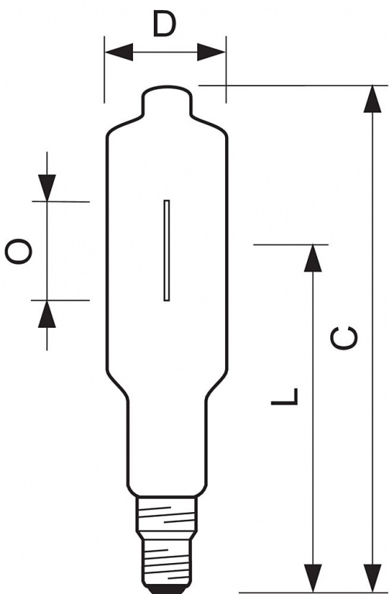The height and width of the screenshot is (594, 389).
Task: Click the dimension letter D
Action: [165, 23]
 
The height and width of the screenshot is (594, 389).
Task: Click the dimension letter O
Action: [19, 251]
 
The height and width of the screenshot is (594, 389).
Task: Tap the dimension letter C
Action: [344, 337]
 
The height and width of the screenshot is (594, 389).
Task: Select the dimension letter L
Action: [285, 397]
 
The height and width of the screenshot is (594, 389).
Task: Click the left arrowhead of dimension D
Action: [118, 52]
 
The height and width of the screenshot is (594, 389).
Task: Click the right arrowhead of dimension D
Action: [211, 52]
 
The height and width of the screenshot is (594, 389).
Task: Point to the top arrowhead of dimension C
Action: [372, 99]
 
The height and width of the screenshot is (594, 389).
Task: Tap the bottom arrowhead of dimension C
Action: [372, 578]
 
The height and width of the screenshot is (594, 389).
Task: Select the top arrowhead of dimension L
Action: [313, 258]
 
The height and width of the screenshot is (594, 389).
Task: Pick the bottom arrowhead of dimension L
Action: [313, 578]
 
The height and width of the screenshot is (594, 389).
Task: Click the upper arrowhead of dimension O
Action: [47, 188]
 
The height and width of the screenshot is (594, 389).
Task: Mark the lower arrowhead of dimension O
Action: [47, 314]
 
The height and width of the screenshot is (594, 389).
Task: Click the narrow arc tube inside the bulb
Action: [167, 251]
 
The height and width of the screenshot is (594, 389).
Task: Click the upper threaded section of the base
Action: [167, 514]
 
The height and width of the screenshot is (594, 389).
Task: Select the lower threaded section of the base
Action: [167, 562]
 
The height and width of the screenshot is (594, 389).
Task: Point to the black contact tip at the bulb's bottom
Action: [167, 590]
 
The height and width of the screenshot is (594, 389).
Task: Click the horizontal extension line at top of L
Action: [291, 244]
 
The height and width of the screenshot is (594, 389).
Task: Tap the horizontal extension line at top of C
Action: [293, 86]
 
